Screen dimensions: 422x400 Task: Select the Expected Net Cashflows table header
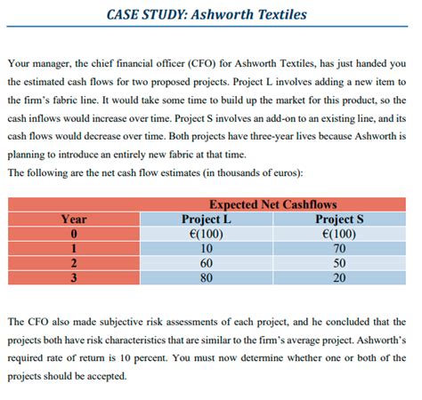[x=273, y=204]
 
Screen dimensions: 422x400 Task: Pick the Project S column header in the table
[x=342, y=219]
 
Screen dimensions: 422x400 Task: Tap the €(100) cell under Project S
[x=342, y=233]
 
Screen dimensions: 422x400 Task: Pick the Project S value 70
[x=342, y=247]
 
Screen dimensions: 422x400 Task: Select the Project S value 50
[x=342, y=261]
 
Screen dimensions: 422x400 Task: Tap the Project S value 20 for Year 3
[x=342, y=276]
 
